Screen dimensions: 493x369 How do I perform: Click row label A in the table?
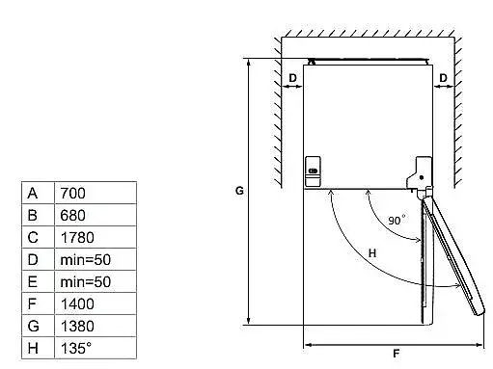[33, 194]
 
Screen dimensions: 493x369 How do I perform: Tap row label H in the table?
[33, 348]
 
